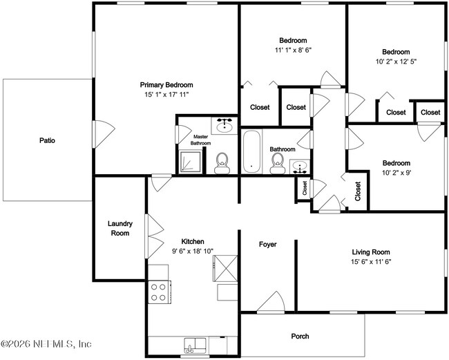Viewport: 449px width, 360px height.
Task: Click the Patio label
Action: pos(47,141)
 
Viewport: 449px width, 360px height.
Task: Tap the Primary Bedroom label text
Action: pos(166,85)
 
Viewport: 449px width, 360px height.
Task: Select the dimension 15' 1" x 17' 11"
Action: pos(166,95)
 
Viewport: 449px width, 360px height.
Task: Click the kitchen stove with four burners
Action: pos(160,292)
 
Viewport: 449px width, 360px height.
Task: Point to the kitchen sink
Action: pos(195,345)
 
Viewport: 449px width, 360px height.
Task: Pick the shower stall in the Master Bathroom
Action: pos(190,162)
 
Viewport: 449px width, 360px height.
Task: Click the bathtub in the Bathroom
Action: pos(251,152)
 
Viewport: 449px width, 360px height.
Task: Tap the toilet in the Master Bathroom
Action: pos(222,163)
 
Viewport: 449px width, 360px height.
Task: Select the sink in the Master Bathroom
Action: pos(224,126)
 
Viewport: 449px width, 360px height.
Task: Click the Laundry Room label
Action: pos(120,228)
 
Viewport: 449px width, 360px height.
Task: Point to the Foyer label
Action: pos(268,245)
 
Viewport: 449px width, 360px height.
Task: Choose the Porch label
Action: pos(300,337)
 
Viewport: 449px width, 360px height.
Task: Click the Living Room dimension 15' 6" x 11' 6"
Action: pos(371,261)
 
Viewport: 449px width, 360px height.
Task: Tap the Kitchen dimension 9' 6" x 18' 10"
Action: pos(193,251)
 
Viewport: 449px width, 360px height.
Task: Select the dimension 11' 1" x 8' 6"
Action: pos(293,50)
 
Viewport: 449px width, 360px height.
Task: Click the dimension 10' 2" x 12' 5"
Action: pos(396,61)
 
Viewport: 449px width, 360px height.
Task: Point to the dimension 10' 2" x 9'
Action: pos(397,173)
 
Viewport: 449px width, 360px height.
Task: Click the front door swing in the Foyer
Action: pos(271,301)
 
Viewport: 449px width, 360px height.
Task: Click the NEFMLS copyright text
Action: pos(46,343)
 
